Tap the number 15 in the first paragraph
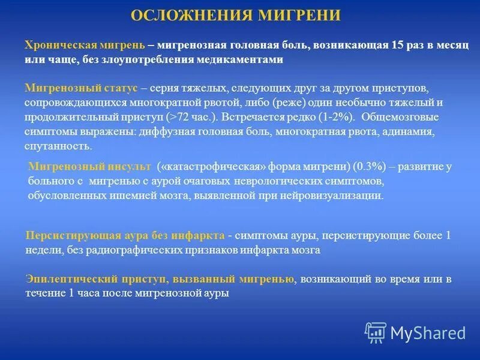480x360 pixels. coord(397,46)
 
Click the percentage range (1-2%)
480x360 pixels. coord(336,116)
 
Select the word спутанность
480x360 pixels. coord(58,145)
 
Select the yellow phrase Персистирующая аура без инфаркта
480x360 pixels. coord(125,236)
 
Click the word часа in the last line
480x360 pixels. coord(94,293)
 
